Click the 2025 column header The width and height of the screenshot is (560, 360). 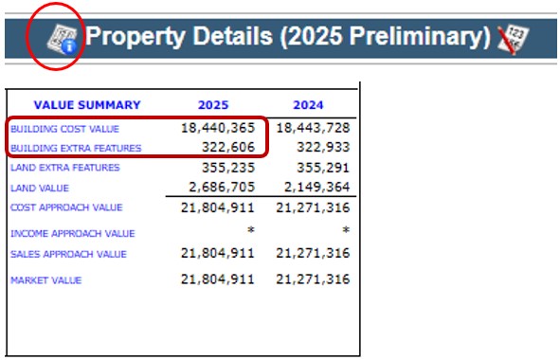pos(214,105)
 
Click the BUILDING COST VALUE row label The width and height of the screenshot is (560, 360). pos(64,128)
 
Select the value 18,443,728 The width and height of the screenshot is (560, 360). pos(312,127)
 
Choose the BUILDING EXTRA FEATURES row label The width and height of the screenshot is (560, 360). pos(76,148)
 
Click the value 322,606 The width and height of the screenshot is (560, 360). pos(230,147)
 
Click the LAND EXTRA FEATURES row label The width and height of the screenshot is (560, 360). pos(65,168)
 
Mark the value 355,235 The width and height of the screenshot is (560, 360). pos(230,168)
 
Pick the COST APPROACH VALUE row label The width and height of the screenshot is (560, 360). pos(66,207)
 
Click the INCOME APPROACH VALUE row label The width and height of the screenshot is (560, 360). pos(73,233)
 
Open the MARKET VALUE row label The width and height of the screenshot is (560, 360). pos(45,280)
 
